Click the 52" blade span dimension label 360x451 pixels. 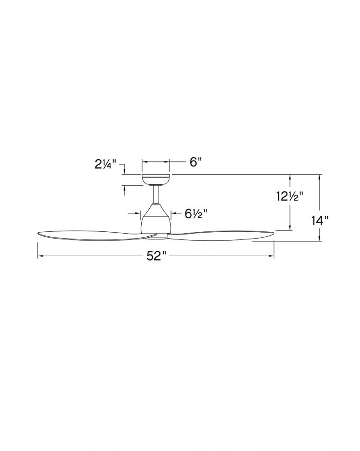click(x=157, y=256)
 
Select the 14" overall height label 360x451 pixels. click(x=320, y=221)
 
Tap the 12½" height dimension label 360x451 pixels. click(x=290, y=197)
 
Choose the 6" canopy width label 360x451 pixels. click(x=194, y=162)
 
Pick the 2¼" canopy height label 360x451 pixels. click(x=105, y=164)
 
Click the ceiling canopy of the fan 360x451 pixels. click(x=155, y=180)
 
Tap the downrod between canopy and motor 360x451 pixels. click(x=155, y=194)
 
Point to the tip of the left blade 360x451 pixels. click(x=38, y=234)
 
